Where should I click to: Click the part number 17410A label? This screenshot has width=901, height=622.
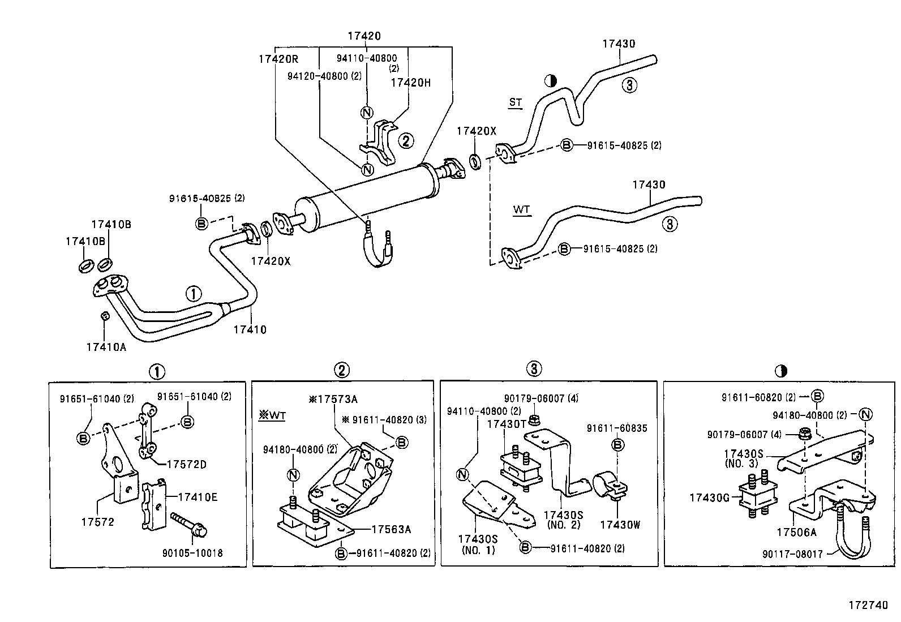pos(106,347)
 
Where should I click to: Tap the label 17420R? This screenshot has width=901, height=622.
pos(278,59)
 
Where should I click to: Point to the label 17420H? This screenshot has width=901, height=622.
pos(410,83)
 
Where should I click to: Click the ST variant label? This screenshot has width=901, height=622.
pos(515,102)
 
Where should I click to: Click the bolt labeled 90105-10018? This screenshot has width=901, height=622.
pos(186,524)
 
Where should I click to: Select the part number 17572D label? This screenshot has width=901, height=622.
pos(186,465)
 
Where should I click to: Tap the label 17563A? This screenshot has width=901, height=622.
pos(391,529)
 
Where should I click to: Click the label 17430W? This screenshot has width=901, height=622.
pos(620,525)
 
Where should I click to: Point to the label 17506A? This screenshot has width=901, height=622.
pos(796,532)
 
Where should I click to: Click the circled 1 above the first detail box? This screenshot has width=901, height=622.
pos(156,372)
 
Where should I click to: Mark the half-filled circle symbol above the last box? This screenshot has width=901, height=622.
pos(781,372)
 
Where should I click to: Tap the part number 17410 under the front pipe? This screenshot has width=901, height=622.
pos(250,329)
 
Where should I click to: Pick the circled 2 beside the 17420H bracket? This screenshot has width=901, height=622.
pos(406,140)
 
